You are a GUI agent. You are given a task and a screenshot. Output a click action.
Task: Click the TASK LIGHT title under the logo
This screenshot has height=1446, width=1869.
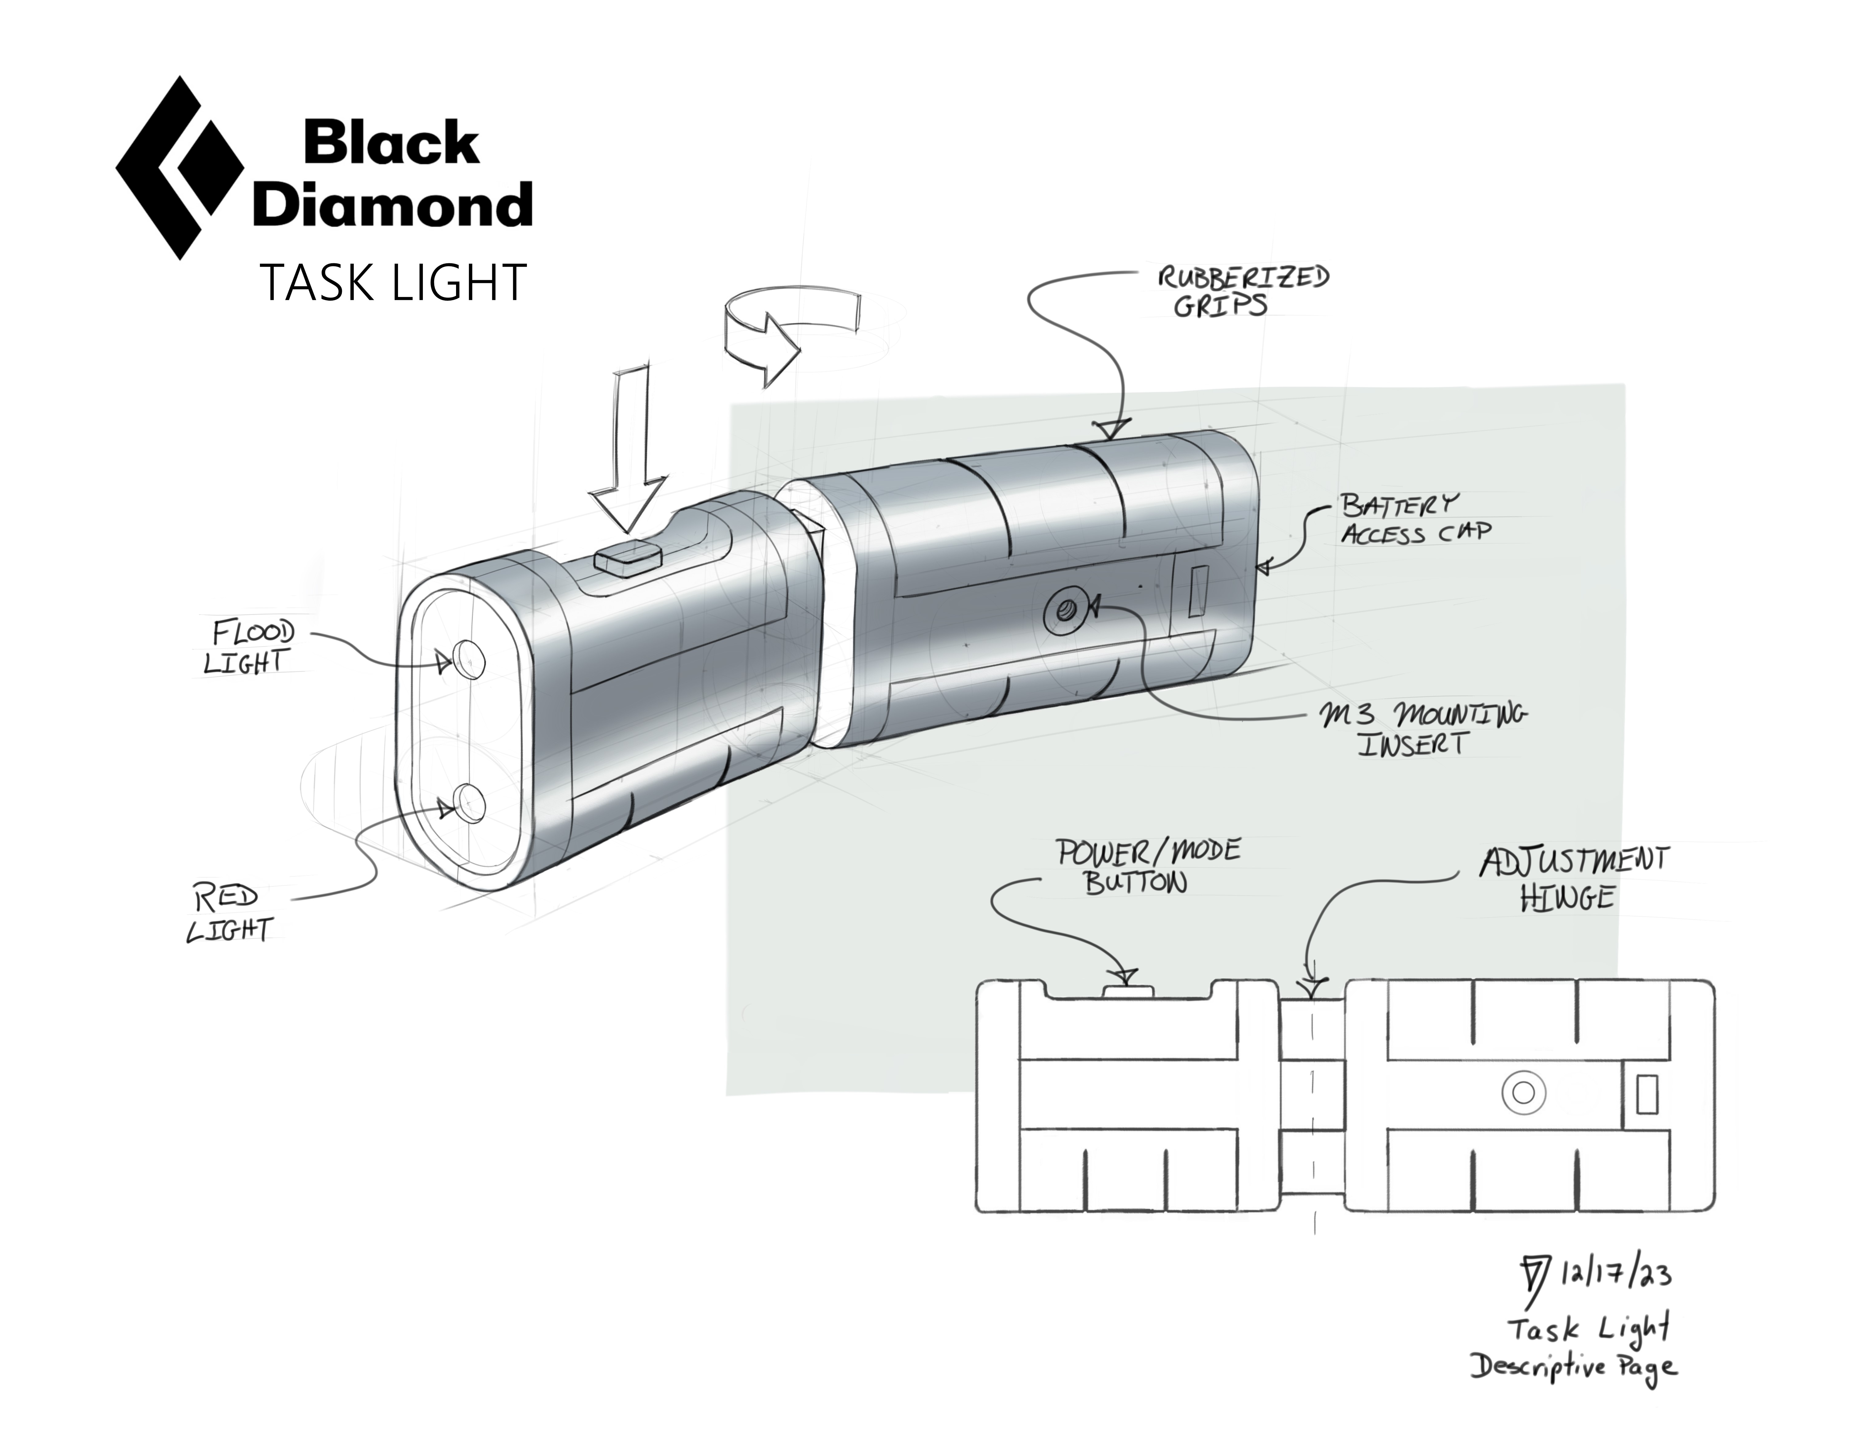[x=393, y=283]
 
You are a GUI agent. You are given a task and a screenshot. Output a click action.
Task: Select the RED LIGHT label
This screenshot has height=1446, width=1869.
[x=229, y=914]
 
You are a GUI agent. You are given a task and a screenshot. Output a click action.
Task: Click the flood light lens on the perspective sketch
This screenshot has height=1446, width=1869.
[x=468, y=659]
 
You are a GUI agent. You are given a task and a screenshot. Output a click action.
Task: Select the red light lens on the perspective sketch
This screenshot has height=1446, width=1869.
[x=468, y=803]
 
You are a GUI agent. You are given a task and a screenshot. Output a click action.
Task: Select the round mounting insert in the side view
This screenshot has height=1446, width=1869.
[x=1523, y=1092]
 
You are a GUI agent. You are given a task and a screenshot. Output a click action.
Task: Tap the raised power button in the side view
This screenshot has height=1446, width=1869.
[x=1128, y=992]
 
